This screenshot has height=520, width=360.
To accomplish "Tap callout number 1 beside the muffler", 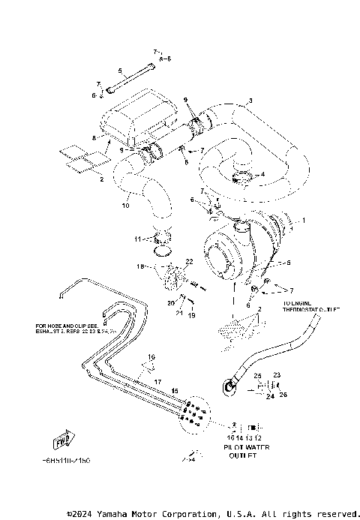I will (x=304, y=221).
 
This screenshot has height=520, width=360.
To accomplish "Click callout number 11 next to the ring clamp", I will (x=138, y=239).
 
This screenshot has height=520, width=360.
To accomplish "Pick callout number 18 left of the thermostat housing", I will (x=139, y=266).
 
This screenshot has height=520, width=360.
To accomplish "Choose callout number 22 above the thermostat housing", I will (x=190, y=261).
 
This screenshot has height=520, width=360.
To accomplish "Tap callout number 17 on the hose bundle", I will (x=158, y=381).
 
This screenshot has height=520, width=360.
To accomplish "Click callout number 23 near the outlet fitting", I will (x=276, y=374).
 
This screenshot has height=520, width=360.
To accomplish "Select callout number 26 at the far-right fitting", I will (x=283, y=394).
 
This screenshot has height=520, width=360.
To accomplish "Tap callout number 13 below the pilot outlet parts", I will (x=251, y=436).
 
